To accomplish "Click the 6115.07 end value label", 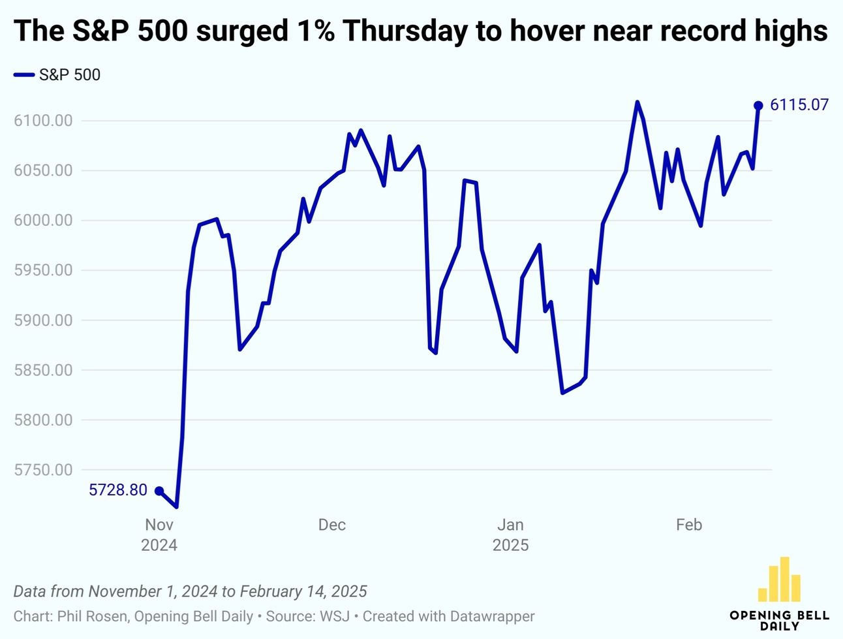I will pyautogui.click(x=799, y=105).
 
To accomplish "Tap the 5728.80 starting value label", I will pyautogui.click(x=118, y=490).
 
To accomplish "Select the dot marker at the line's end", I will pyautogui.click(x=758, y=106).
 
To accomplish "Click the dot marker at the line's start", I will pyautogui.click(x=159, y=491).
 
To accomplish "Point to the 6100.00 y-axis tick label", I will pyautogui.click(x=43, y=121).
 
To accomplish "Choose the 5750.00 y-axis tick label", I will pyautogui.click(x=43, y=470).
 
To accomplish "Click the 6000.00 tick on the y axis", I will pyautogui.click(x=43, y=221).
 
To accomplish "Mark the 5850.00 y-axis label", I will pyautogui.click(x=43, y=370).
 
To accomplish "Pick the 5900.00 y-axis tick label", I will pyautogui.click(x=43, y=320).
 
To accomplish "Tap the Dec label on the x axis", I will pyautogui.click(x=331, y=525).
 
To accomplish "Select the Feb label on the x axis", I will pyautogui.click(x=688, y=525).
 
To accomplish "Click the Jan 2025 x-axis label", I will pyautogui.click(x=510, y=535).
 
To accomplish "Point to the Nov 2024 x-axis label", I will pyautogui.click(x=159, y=535).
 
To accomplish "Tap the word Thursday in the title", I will pyautogui.click(x=406, y=31).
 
